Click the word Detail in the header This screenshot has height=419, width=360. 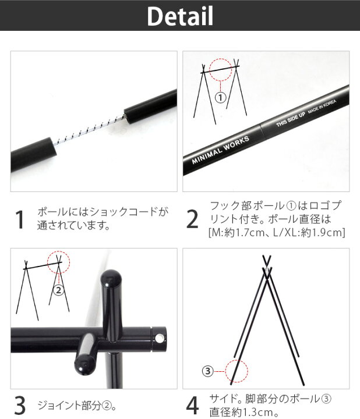(180, 16)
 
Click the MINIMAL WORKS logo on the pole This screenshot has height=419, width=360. (220, 150)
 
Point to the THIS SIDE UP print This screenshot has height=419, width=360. (291, 119)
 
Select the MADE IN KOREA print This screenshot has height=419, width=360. (322, 106)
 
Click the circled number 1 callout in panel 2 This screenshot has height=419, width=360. (220, 98)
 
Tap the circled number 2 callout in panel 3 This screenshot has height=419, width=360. (59, 290)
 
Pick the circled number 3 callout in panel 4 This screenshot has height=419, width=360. (208, 371)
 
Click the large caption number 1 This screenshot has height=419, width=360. (19, 219)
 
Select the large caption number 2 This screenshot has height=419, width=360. (192, 219)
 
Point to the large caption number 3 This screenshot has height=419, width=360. (20, 405)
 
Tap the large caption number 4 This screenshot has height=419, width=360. (192, 405)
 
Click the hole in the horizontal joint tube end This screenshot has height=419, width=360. (160, 339)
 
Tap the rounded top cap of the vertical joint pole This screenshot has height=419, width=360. (111, 278)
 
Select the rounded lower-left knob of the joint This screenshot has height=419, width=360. (84, 365)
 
